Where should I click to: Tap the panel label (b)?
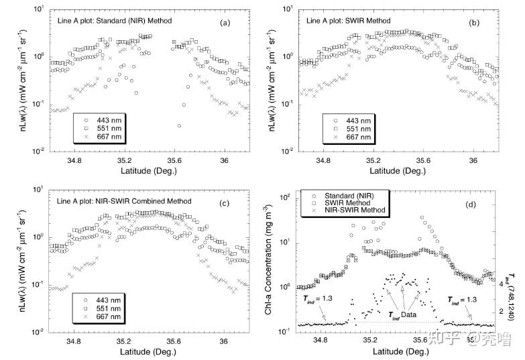(x=473, y=23)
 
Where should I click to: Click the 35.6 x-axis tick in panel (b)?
(x=423, y=162)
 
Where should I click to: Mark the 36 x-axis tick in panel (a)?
(x=225, y=162)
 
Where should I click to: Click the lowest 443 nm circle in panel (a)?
(x=178, y=126)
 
